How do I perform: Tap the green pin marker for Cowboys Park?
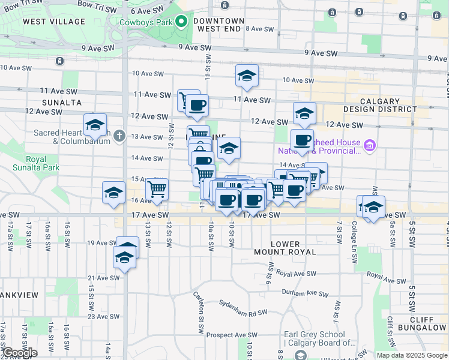181,23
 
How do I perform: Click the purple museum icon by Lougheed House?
369,145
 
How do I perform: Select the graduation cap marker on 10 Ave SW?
247,76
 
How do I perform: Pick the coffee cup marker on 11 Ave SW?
196,106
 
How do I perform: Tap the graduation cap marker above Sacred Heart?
95,125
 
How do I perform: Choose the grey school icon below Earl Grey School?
300,355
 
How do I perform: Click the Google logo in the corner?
20,353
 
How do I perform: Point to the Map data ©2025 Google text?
412,355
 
